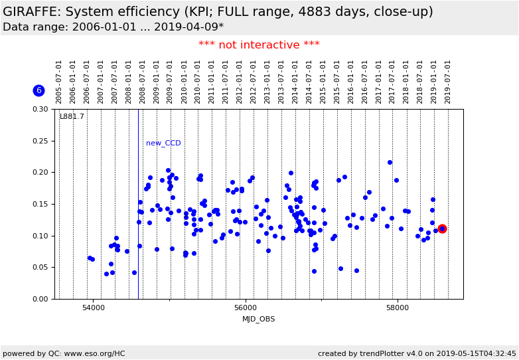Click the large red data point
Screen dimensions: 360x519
[442, 228]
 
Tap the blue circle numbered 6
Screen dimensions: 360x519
[38, 90]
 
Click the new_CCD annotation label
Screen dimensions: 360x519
[163, 143]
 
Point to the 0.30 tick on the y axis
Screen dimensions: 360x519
[40, 109]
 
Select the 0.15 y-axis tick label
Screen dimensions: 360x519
[40, 204]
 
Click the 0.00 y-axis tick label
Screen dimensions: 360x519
[40, 299]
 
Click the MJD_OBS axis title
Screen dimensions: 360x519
[259, 319]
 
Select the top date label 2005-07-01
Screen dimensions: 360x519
[59, 81]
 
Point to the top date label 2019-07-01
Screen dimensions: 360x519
[448, 81]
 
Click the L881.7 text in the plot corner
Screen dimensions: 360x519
[72, 117]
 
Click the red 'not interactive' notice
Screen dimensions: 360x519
[259, 45]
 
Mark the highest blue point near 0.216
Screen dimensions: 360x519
[390, 162]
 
